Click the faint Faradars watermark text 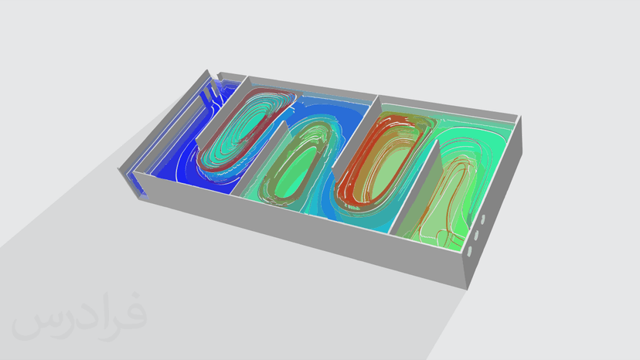coord(80,316)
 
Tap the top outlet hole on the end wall coord(483,219)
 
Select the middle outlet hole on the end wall coord(476,235)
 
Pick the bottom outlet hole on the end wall coord(469,251)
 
